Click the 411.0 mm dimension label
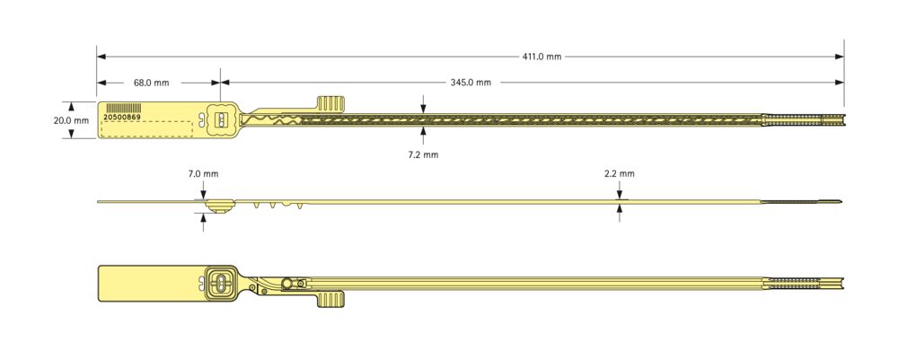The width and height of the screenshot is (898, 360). coord(541,57)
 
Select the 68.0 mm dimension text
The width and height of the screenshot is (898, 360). coord(152,83)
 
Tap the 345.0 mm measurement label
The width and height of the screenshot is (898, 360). coord(471,83)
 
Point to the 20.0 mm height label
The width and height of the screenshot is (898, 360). coord(71,121)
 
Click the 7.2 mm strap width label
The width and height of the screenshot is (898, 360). coord(423,154)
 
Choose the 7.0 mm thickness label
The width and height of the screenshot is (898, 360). coord(203,173)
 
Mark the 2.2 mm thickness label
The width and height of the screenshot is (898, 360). coord(619,173)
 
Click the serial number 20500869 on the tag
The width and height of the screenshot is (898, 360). coord(121,116)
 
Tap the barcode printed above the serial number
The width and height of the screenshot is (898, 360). coord(124,108)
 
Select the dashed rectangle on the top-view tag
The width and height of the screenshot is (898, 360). coord(147,129)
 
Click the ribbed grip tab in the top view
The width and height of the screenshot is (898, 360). coord(331,103)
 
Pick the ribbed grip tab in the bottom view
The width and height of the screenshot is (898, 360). coord(331,299)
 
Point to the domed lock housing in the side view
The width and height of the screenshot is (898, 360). coord(218,206)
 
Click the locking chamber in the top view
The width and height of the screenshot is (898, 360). coord(220,119)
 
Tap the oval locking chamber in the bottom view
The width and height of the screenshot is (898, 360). coord(221,284)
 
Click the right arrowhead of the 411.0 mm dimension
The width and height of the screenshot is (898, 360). coord(839,57)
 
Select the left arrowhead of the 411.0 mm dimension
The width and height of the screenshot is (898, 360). coord(101,57)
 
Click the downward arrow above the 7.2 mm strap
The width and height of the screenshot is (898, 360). coord(423,104)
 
